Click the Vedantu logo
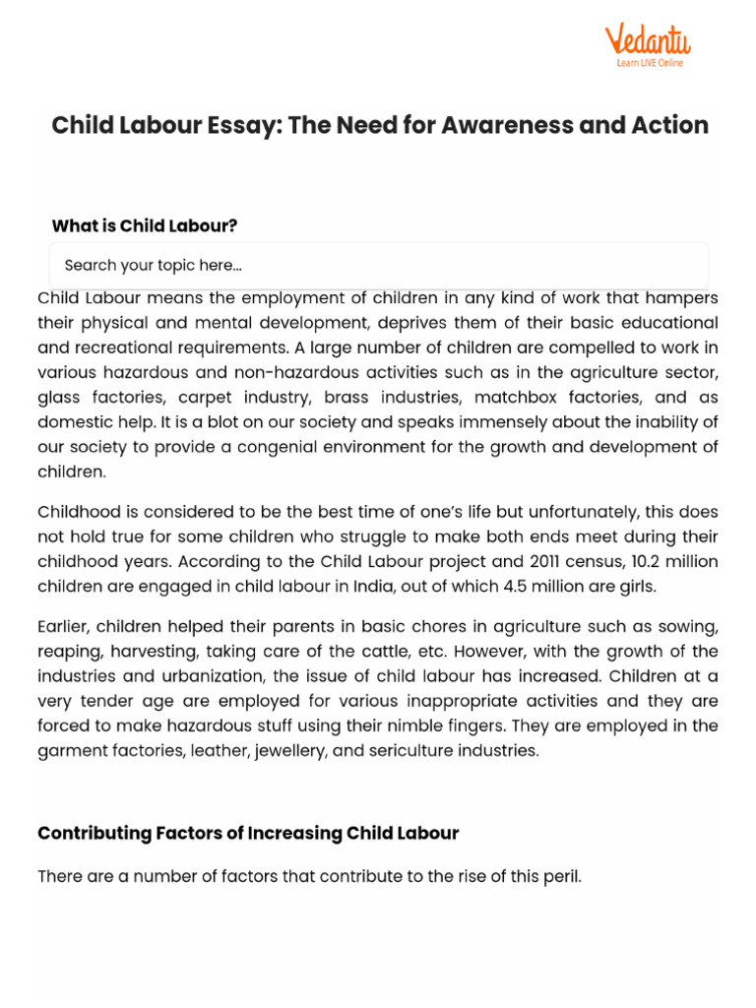(647, 39)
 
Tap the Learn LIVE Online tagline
(650, 63)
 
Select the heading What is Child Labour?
(145, 225)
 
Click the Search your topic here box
(379, 265)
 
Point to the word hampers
(683, 297)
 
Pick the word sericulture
(408, 750)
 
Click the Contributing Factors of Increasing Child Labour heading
(248, 833)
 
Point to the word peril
(560, 875)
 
